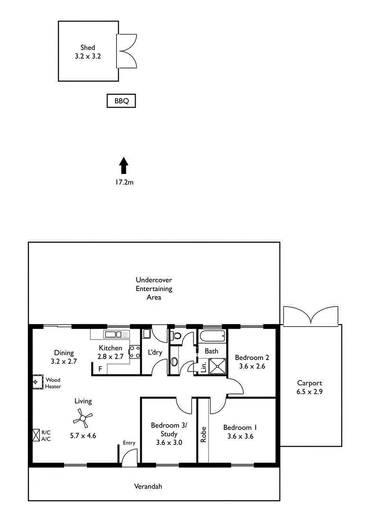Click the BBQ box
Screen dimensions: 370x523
(x=121, y=101)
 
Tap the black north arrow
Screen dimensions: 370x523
(x=124, y=166)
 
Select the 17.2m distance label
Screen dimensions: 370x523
(x=124, y=183)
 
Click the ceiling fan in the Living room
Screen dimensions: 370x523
(x=82, y=419)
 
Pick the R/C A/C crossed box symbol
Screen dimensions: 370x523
(x=36, y=435)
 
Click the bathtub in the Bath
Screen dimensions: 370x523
(x=212, y=336)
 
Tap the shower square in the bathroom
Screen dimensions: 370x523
(x=216, y=366)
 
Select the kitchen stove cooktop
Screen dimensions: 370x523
(x=134, y=352)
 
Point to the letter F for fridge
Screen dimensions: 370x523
(x=100, y=369)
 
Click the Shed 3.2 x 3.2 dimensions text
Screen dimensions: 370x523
(x=88, y=56)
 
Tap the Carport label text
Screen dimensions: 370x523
(x=309, y=383)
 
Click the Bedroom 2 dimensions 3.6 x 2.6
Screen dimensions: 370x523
(x=252, y=366)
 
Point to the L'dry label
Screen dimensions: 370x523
(x=155, y=353)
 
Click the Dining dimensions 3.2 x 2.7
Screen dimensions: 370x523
(x=64, y=361)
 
